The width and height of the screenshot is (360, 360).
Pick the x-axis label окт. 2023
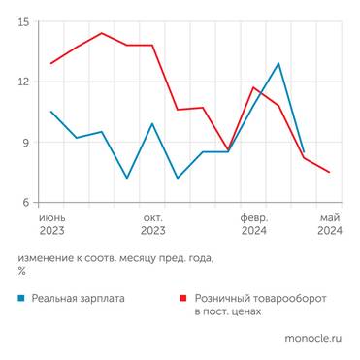point(152,224)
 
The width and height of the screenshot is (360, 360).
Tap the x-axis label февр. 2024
point(253,224)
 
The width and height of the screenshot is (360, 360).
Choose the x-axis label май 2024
point(329,224)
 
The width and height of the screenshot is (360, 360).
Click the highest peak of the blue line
point(278,64)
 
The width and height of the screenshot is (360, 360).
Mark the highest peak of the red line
point(102,33)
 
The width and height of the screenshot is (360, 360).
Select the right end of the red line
point(329,172)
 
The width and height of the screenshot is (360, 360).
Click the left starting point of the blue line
point(51,112)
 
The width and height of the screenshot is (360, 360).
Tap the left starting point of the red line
point(51,63)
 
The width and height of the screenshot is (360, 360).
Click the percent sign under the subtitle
point(21,271)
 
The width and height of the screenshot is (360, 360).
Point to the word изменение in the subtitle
point(45,258)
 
